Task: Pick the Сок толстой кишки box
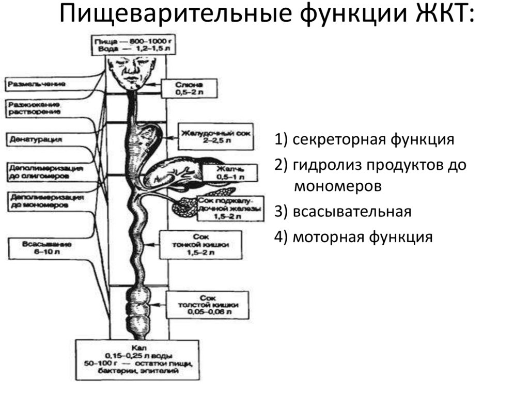click(207, 305)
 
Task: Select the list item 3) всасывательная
click(343, 212)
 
